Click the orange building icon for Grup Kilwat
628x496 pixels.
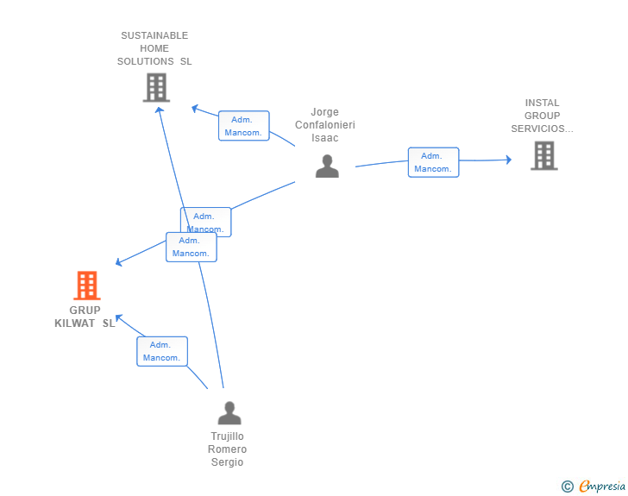(87, 286)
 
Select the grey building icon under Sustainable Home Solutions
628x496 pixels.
(157, 87)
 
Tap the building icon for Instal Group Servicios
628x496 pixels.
(544, 155)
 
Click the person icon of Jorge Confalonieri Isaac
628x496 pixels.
(327, 166)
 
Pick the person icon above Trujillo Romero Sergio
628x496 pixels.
(229, 412)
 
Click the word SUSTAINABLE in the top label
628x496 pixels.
(154, 35)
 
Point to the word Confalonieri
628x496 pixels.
(325, 125)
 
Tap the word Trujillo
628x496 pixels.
(227, 436)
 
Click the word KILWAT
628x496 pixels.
(74, 323)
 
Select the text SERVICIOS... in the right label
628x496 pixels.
(542, 129)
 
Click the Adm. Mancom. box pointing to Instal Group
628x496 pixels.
(433, 162)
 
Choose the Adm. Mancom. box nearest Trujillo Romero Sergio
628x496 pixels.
(162, 351)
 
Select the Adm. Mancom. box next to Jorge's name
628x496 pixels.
(244, 126)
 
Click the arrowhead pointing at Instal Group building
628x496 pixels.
(509, 160)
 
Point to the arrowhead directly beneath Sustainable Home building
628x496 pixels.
(160, 110)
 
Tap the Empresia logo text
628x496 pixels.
(602, 486)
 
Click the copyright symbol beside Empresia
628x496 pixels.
(568, 487)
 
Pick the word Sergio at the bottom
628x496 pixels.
(227, 462)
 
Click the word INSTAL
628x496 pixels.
(542, 103)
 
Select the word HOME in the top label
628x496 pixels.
(154, 48)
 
